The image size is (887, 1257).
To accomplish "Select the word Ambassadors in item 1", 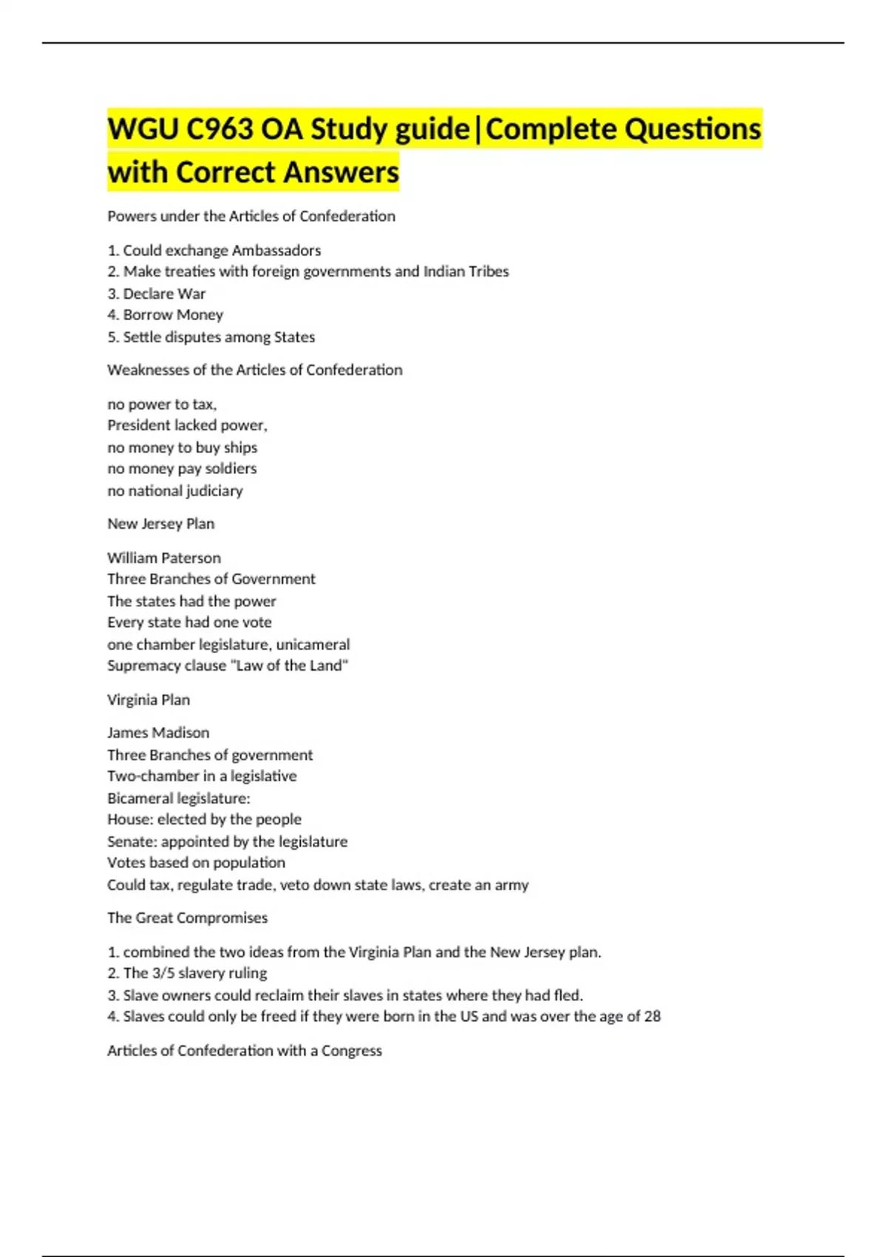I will tap(276, 250).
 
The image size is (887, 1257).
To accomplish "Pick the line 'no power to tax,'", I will tap(162, 404).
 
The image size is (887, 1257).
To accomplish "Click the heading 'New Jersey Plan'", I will tap(161, 524).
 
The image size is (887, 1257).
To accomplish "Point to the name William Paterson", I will tap(164, 558).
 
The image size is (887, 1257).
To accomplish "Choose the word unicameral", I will tap(313, 644).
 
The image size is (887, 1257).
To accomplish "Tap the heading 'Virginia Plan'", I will tap(149, 699).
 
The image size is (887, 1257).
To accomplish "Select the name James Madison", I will tap(158, 733).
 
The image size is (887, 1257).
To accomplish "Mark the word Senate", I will tap(131, 841).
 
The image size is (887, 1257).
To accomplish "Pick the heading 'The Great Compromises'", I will tap(188, 918).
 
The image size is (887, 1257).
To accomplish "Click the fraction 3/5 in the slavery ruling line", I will tap(163, 973).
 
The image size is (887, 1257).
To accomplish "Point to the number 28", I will tap(652, 1017).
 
